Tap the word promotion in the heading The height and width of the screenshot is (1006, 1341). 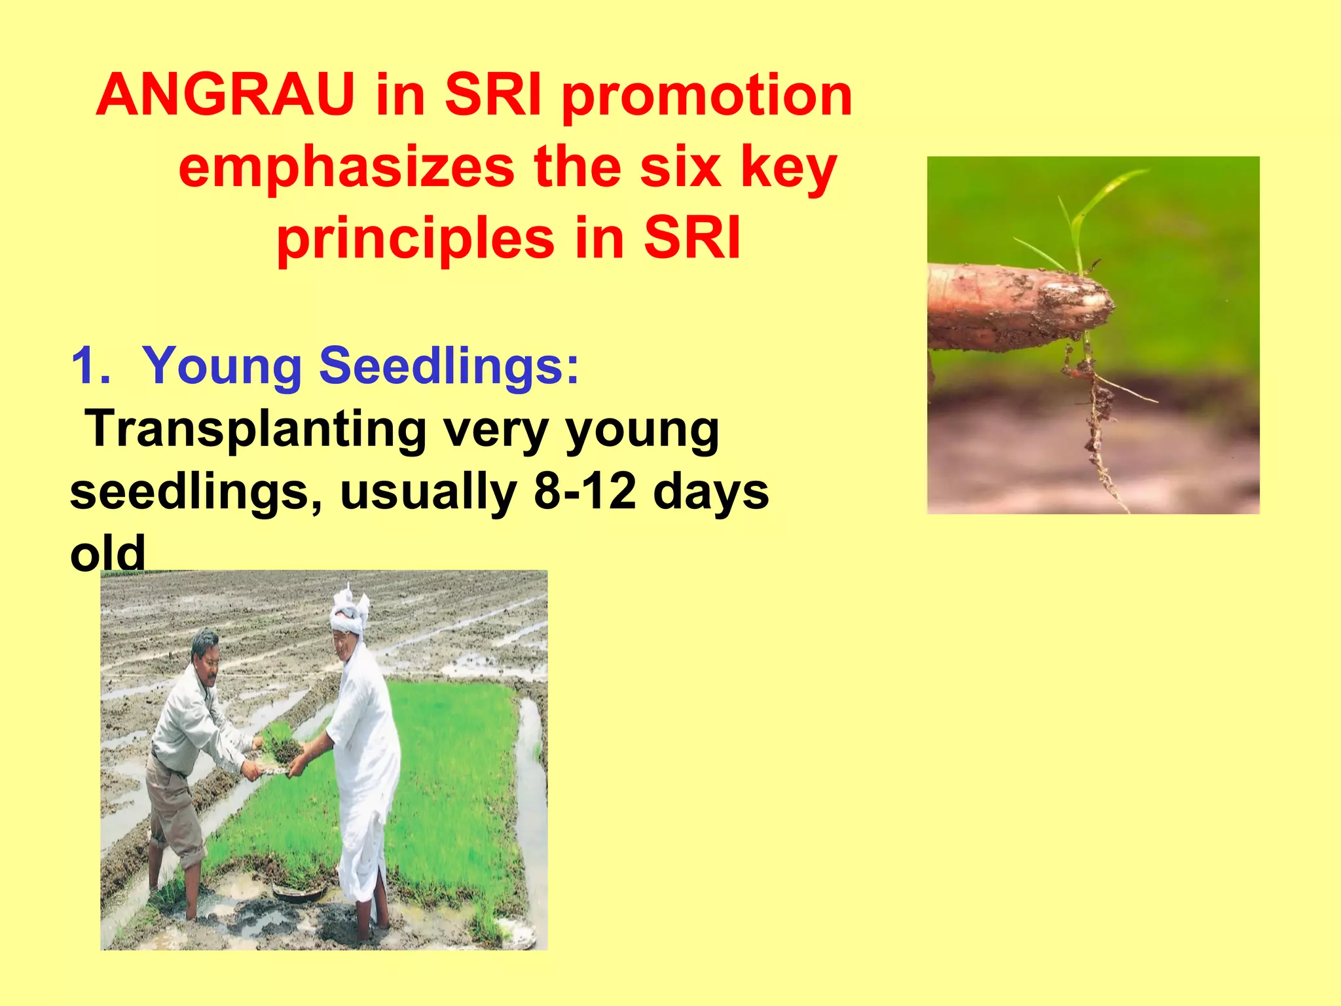[x=707, y=98]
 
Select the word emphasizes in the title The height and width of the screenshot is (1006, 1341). [x=346, y=168]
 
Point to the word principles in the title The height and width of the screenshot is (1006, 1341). [x=416, y=239]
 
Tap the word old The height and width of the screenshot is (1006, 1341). [x=107, y=553]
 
